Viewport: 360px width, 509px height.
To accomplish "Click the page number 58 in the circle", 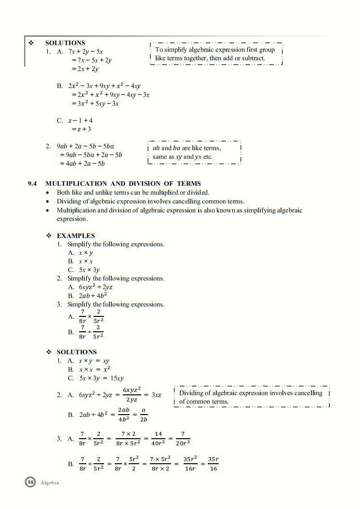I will click(x=30, y=482).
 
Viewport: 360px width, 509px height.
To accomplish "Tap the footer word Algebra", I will click(x=50, y=483).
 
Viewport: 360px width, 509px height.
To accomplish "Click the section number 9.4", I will click(x=32, y=183).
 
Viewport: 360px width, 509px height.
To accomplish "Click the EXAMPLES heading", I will click(x=76, y=235).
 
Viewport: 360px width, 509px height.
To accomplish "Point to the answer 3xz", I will click(x=156, y=395).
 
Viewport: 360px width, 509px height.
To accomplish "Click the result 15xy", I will click(x=117, y=378).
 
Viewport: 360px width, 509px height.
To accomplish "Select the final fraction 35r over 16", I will click(x=213, y=464).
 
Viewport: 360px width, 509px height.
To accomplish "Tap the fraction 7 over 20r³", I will click(x=183, y=438).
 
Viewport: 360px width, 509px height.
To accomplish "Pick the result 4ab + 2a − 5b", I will click(x=82, y=163).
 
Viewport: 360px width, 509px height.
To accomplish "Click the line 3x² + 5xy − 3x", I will click(x=95, y=104).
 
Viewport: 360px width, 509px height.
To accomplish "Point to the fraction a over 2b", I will click(x=144, y=414).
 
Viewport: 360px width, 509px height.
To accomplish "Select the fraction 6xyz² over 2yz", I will click(x=132, y=394).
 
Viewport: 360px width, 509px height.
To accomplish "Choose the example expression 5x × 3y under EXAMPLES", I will click(x=90, y=270).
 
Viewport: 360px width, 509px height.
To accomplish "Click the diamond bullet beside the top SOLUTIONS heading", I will click(x=32, y=43).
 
